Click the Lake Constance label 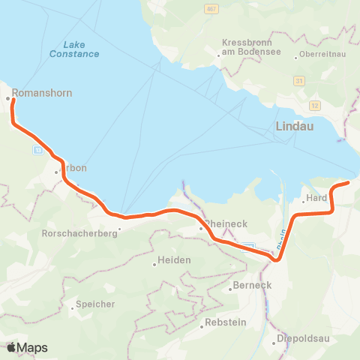point(74,49)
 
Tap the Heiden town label point(174,259)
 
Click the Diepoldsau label point(302,337)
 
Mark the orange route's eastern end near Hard point(349,182)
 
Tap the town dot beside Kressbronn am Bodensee point(218,54)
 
